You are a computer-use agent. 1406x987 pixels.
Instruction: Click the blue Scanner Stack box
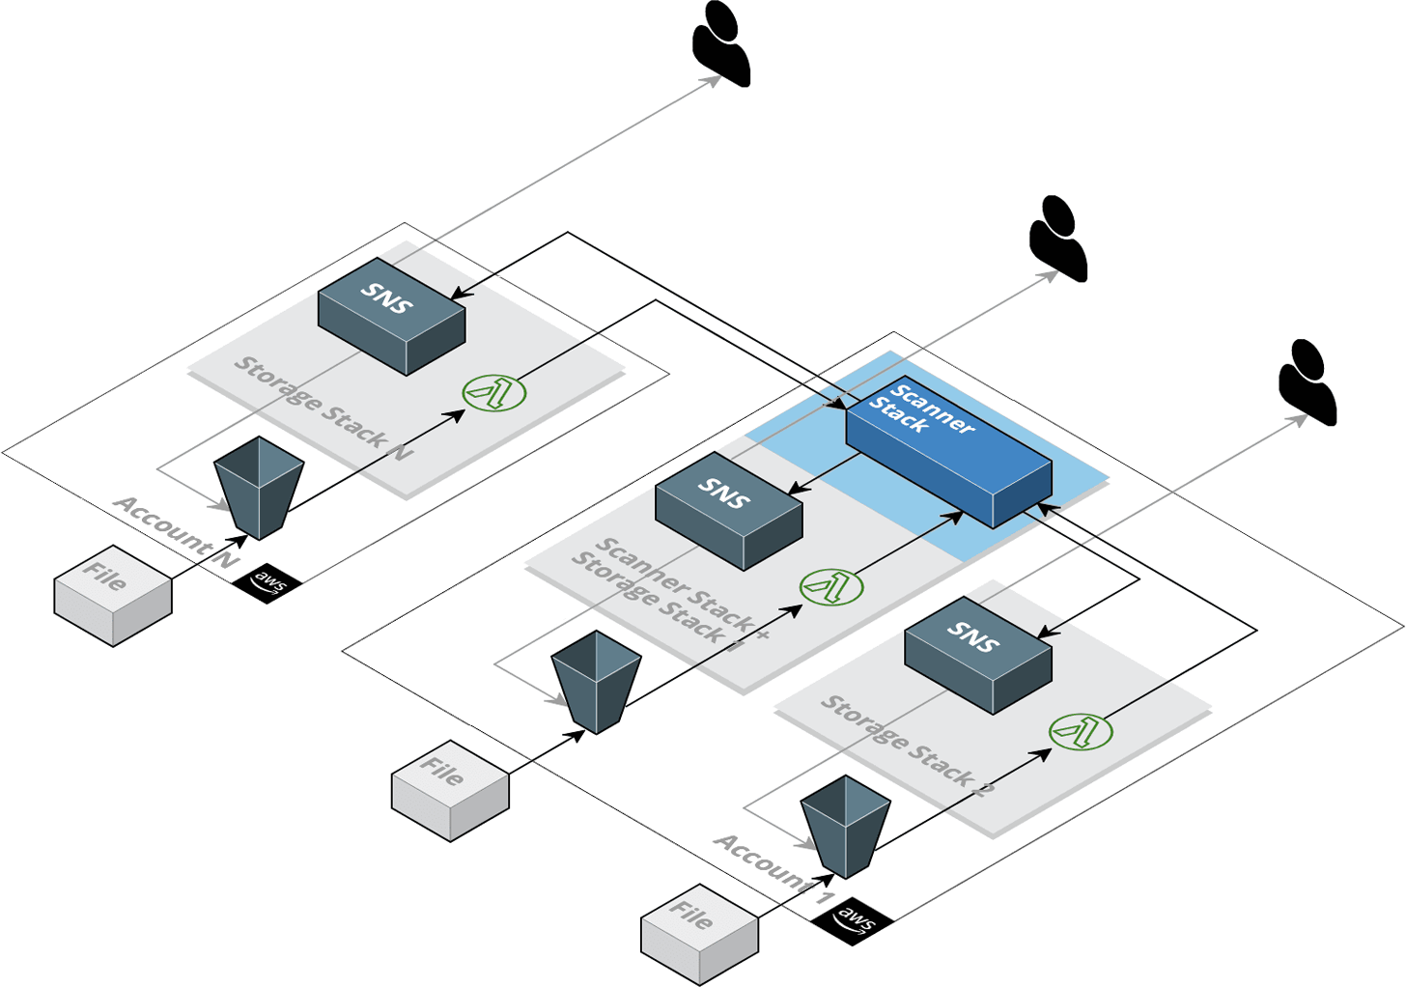(x=948, y=452)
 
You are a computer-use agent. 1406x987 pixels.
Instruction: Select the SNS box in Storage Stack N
(x=391, y=316)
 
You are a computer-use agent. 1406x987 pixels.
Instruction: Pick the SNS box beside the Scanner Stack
(x=728, y=510)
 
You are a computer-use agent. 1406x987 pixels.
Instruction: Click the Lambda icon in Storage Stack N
(x=493, y=393)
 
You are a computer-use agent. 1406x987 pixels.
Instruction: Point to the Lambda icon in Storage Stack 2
(x=1081, y=731)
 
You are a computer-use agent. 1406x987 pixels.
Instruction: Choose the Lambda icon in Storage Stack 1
(x=831, y=587)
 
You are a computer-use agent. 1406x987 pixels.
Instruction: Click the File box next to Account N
(x=112, y=595)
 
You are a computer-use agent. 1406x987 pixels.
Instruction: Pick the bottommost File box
(x=699, y=934)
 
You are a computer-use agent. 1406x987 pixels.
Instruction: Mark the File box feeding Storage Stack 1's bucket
(x=450, y=790)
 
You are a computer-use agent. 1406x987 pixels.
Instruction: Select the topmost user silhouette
(x=721, y=43)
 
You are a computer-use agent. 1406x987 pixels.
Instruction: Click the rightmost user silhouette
(x=1308, y=382)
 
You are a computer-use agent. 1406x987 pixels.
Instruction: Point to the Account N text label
(x=176, y=531)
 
